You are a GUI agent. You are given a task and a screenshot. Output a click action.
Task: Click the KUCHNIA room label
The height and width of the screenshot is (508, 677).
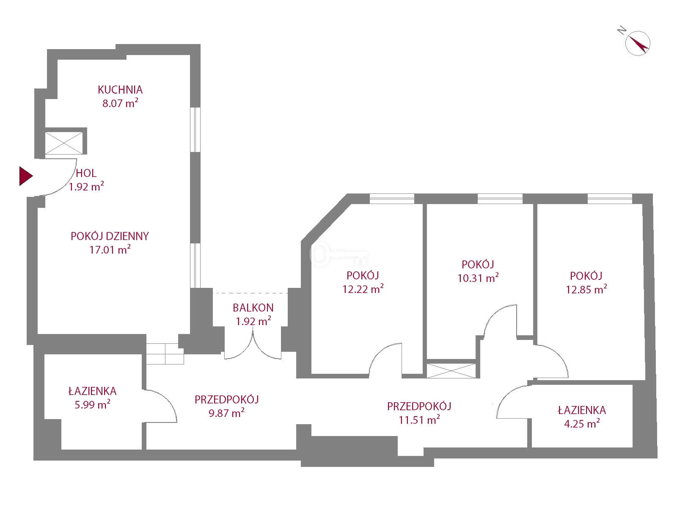tap(120, 90)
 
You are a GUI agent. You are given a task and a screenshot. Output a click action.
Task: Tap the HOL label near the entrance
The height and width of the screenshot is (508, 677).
tap(86, 173)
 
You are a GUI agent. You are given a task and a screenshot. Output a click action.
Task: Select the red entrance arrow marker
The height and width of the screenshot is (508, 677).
tap(25, 176)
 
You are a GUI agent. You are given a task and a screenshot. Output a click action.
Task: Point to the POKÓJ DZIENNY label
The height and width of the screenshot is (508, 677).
tap(110, 236)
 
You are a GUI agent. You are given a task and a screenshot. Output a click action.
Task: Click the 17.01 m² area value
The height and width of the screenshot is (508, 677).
tap(110, 250)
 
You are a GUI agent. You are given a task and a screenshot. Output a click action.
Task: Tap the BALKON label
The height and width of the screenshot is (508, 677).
tap(253, 307)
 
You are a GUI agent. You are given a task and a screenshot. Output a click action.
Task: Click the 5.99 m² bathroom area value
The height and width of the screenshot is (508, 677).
tap(92, 405)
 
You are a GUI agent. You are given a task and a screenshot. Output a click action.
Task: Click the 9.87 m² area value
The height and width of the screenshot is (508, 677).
tap(226, 413)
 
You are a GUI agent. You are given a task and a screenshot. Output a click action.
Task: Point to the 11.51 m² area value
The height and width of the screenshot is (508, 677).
tap(419, 420)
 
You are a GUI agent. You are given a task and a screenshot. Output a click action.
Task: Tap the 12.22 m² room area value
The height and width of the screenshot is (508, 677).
tap(363, 289)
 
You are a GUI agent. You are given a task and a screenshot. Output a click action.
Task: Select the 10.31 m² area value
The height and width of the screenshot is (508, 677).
tap(478, 278)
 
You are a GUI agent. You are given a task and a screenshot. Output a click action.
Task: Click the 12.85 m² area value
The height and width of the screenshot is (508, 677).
tap(586, 290)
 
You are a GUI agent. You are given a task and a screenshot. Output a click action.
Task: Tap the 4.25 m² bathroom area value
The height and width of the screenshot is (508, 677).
tap(582, 424)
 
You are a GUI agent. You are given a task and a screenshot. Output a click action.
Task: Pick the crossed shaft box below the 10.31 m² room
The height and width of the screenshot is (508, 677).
tap(451, 370)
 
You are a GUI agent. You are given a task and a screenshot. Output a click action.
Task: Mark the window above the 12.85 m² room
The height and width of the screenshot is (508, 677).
tap(610, 198)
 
